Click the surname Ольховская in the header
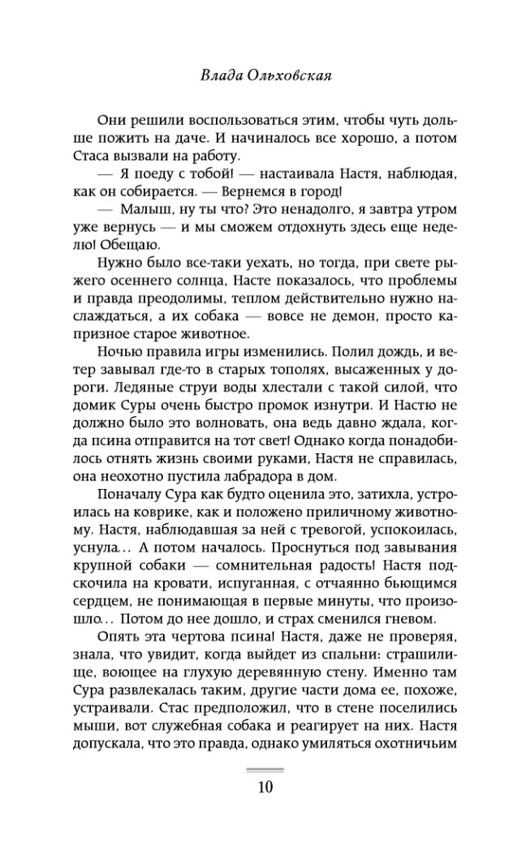[290, 74]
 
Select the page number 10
[263, 785]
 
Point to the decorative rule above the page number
[263, 767]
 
